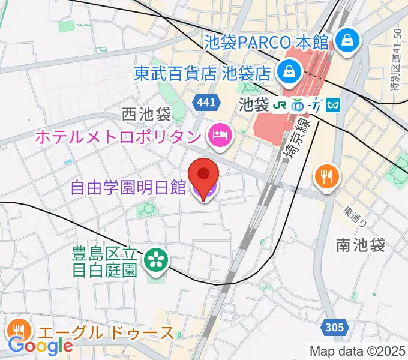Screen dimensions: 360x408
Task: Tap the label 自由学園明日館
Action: click(128, 188)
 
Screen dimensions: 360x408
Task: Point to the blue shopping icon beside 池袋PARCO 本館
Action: click(347, 41)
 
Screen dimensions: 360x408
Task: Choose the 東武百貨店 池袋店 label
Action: click(202, 74)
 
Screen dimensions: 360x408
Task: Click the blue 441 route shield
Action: click(205, 103)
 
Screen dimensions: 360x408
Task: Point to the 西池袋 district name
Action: click(146, 113)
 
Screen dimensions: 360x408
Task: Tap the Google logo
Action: click(40, 346)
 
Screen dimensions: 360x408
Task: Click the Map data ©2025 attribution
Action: click(358, 351)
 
